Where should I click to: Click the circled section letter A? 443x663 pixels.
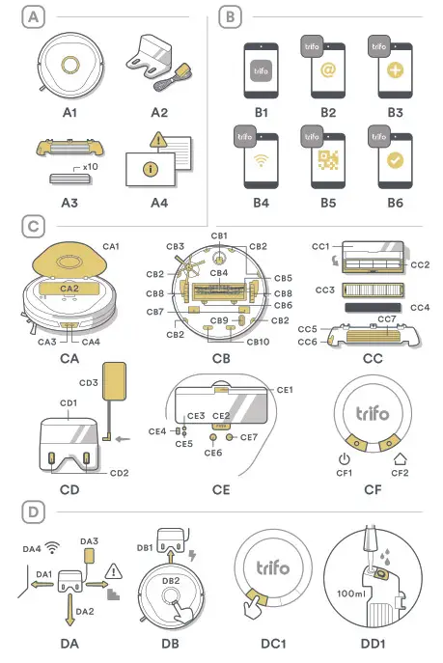click(x=35, y=16)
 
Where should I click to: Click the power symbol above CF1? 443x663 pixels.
click(x=345, y=459)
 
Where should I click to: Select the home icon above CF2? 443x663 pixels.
click(x=400, y=459)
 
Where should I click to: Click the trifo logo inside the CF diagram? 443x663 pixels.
click(x=372, y=414)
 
